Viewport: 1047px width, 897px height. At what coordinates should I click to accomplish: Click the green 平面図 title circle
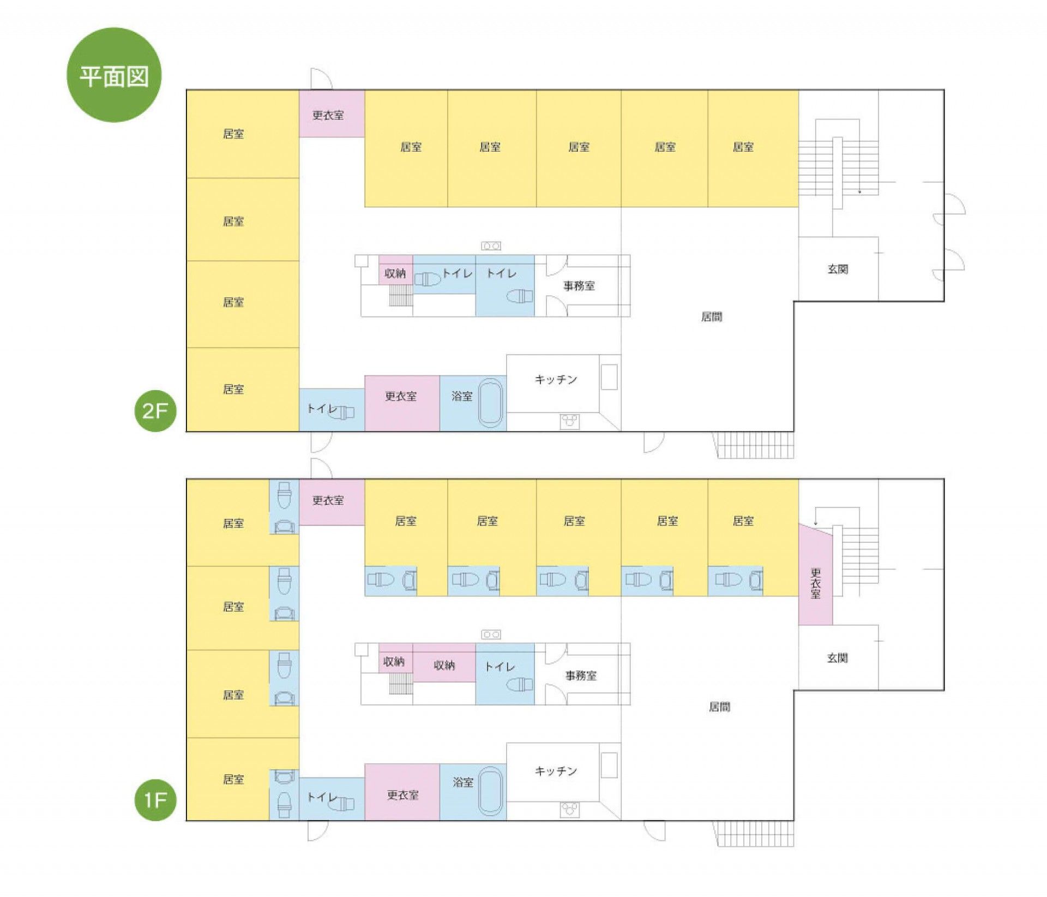114,75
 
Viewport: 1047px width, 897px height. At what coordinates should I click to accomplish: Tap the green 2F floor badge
155,411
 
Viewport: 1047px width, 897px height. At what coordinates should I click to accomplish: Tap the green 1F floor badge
155,800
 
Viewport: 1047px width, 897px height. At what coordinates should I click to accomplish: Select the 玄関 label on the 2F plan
838,269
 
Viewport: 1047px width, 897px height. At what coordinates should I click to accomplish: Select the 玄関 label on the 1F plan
838,658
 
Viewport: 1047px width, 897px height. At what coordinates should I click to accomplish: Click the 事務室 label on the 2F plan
579,285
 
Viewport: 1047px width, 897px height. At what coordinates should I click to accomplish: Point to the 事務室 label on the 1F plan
581,675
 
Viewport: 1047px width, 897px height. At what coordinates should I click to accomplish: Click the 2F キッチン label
556,379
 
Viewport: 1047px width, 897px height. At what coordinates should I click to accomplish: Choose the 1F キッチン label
556,770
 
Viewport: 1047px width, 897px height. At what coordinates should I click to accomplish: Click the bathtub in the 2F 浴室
490,403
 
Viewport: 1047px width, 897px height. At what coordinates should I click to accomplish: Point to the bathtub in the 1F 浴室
490,792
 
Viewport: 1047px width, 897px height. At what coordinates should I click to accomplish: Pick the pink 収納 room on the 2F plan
395,270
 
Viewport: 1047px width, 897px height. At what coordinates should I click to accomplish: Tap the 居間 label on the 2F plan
712,316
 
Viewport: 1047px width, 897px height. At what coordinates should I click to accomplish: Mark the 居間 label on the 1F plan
719,707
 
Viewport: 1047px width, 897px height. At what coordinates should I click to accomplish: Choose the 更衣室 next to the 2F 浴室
402,403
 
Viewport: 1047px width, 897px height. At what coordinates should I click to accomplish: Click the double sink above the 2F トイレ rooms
491,246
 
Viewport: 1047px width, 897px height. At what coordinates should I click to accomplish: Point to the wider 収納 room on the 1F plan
444,662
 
